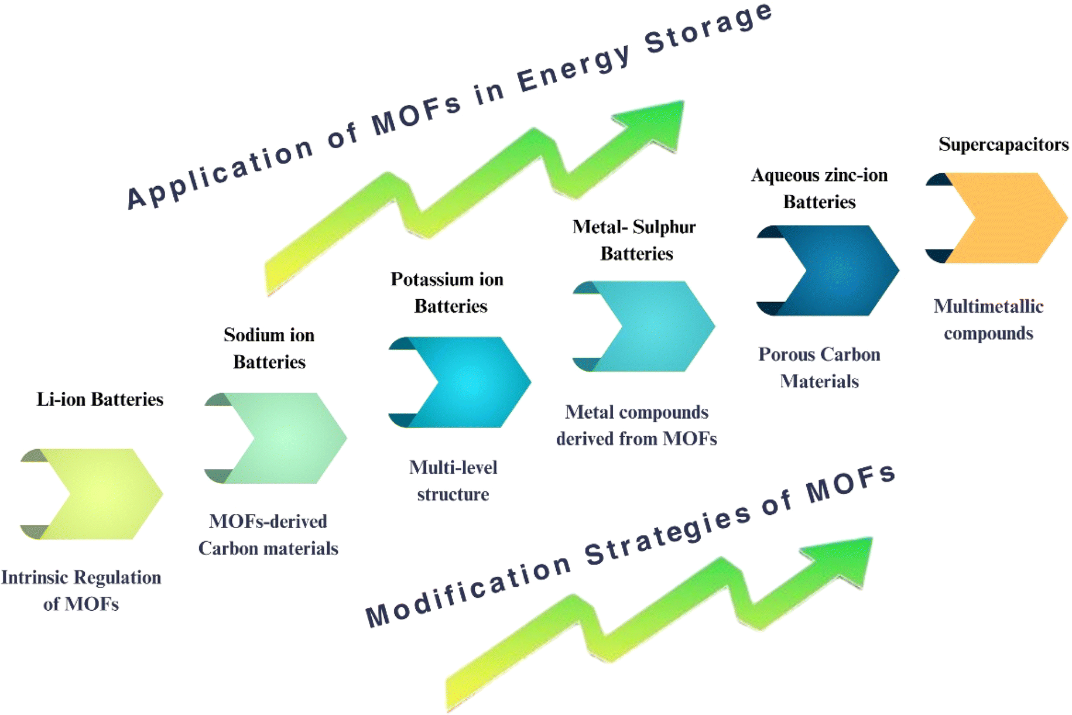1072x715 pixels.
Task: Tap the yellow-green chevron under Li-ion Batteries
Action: click(x=97, y=494)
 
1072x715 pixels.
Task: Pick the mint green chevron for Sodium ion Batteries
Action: click(x=282, y=438)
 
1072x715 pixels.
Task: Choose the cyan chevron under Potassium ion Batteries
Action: click(x=466, y=382)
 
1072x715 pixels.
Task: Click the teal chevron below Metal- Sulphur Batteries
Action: click(x=650, y=326)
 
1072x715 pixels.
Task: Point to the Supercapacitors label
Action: click(x=1003, y=144)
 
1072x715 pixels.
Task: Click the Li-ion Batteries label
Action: click(x=100, y=399)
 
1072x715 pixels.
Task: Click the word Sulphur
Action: click(x=665, y=227)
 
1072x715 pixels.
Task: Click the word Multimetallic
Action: click(x=988, y=306)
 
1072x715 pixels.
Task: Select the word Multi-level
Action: click(x=453, y=467)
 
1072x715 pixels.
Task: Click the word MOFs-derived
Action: click(x=268, y=521)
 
